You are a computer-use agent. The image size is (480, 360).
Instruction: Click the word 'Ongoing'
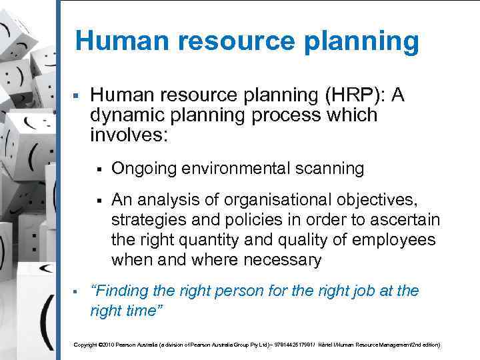tap(141, 169)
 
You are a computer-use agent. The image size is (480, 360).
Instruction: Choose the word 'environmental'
tap(237, 169)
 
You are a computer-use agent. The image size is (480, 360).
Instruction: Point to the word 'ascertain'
tap(406, 221)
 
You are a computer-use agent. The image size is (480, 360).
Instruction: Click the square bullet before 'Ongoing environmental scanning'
tap(98, 169)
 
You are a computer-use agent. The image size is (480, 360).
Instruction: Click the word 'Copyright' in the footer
tap(85, 345)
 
